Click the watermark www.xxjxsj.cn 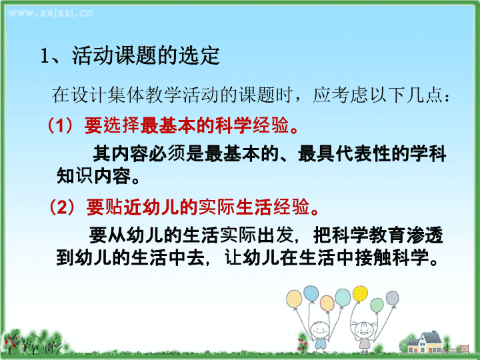click(50, 13)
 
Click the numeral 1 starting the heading click(45, 56)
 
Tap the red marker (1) click(61, 125)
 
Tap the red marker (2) click(63, 207)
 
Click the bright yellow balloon click(360, 294)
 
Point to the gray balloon click(392, 299)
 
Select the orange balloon click(327, 303)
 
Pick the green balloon click(377, 305)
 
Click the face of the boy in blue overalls click(319, 330)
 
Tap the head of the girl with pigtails click(364, 330)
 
